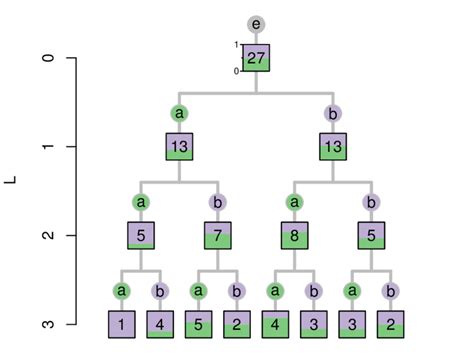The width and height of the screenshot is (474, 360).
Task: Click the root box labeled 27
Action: (x=256, y=58)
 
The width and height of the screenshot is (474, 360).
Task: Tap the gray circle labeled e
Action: (x=256, y=24)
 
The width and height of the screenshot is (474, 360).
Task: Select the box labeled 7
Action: (x=218, y=236)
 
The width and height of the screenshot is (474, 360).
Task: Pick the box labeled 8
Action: (x=294, y=236)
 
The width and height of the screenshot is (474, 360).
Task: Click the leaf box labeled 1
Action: (x=122, y=324)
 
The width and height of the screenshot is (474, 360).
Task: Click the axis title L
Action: (x=11, y=180)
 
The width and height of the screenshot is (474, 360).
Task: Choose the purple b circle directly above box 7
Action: (x=218, y=202)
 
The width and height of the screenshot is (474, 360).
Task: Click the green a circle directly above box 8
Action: (x=294, y=202)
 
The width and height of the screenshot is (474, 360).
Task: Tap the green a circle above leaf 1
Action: (x=122, y=291)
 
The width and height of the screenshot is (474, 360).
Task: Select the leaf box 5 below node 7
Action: (x=199, y=324)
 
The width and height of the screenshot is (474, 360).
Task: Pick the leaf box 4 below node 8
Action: (x=275, y=324)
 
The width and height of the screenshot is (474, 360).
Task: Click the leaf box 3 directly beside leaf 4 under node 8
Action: (x=313, y=324)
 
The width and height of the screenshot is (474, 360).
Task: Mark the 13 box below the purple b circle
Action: (x=332, y=147)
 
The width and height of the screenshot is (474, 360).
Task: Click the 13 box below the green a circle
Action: (x=180, y=147)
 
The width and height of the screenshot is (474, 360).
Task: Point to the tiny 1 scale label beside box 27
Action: (x=236, y=45)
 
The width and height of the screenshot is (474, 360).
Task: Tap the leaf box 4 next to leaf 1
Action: (x=160, y=324)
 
